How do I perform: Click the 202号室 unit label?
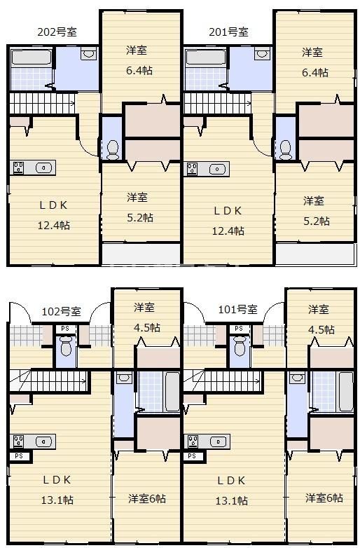click(x=57, y=32)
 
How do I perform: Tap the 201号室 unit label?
click(x=229, y=32)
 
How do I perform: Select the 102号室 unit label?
click(x=61, y=311)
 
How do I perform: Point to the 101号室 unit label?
click(x=238, y=309)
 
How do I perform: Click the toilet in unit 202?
click(x=113, y=149)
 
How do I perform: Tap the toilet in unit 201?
click(x=285, y=149)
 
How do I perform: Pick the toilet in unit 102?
click(x=66, y=346)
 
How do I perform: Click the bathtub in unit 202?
click(x=32, y=57)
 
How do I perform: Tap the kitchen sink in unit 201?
click(x=217, y=169)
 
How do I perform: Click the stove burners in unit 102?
click(x=18, y=441)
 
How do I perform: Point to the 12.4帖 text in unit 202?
click(x=54, y=226)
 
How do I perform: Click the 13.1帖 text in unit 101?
click(x=232, y=501)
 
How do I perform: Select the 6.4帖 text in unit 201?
click(x=315, y=73)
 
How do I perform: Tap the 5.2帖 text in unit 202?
click(x=140, y=218)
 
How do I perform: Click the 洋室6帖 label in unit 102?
click(x=147, y=498)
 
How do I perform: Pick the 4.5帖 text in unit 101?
click(x=321, y=329)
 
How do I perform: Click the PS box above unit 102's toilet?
click(x=65, y=329)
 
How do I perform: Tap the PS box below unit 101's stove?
click(x=192, y=455)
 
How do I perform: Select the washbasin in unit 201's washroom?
click(x=261, y=54)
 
